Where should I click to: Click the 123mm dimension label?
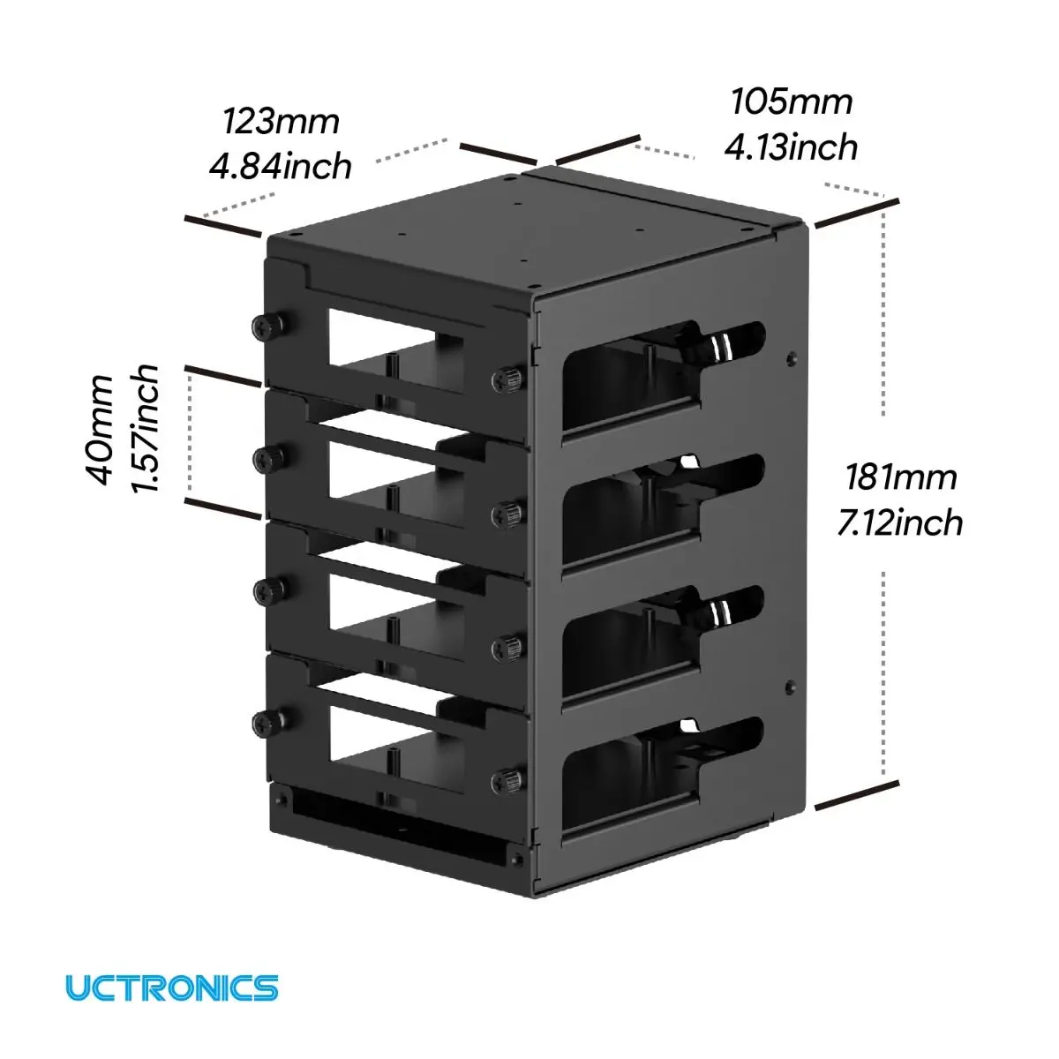(x=281, y=122)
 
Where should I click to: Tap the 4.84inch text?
(x=281, y=166)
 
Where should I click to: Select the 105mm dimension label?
(x=792, y=102)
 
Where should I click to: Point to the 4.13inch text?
(x=791, y=147)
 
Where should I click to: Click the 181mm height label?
(x=901, y=477)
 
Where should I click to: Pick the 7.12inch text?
(x=900, y=522)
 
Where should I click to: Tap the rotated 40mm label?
(x=101, y=431)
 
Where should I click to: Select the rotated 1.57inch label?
(x=146, y=429)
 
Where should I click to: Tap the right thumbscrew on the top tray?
(x=507, y=379)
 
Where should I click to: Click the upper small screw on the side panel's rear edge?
(x=790, y=359)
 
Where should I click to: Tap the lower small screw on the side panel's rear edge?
(x=790, y=687)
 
